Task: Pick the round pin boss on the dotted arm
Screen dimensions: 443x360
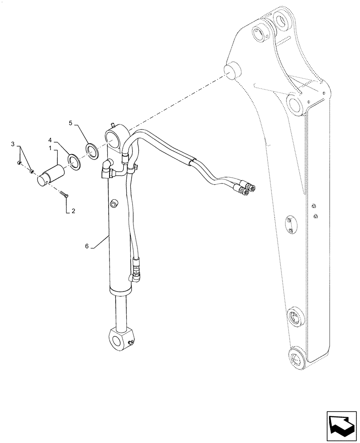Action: [232, 70]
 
